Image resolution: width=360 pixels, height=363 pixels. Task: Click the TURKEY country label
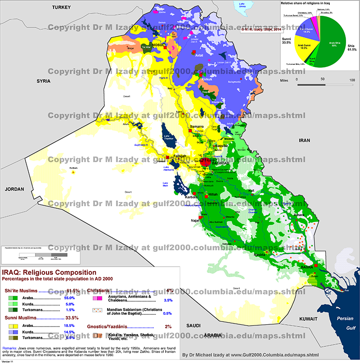[x=63, y=8]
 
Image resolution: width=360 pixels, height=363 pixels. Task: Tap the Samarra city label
[x=198, y=127]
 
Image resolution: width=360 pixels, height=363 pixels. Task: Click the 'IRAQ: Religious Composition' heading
[x=49, y=272]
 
